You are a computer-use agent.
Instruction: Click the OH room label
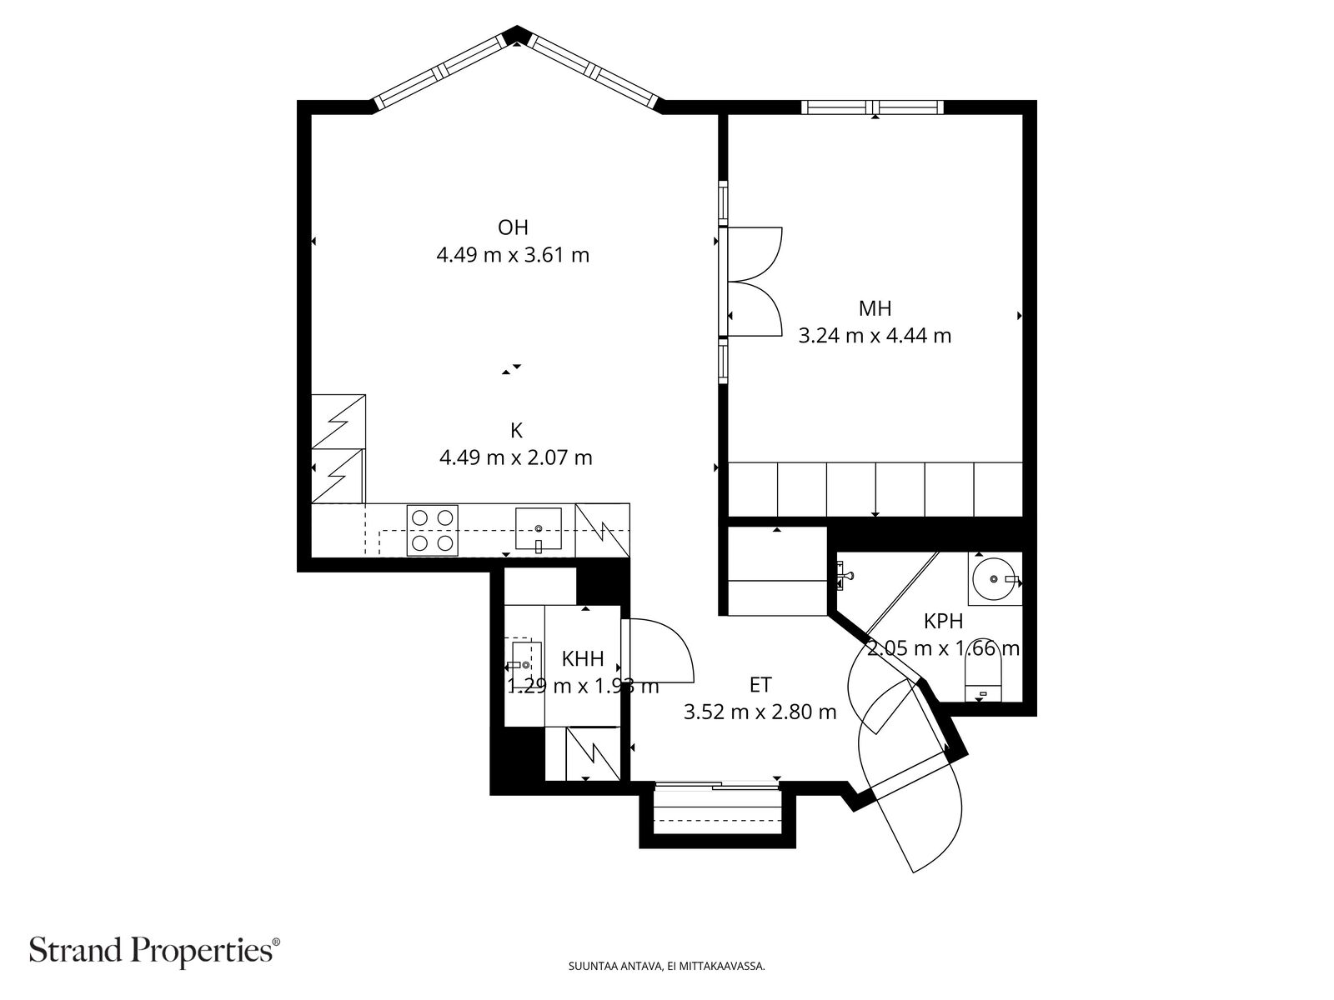(513, 227)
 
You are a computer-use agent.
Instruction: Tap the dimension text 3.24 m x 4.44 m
(875, 336)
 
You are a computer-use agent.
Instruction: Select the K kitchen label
(516, 431)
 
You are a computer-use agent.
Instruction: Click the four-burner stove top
(432, 530)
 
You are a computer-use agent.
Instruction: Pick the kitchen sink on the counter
(538, 530)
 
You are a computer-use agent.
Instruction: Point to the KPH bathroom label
(943, 621)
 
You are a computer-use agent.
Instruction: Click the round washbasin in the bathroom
(994, 577)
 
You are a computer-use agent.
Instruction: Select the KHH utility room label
(583, 659)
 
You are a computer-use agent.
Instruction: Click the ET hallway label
(760, 685)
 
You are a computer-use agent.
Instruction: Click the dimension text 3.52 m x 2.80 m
(760, 712)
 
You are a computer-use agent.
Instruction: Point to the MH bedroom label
(875, 308)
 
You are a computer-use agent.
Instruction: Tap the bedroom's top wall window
(872, 107)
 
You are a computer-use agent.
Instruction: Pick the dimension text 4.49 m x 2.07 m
(515, 457)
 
